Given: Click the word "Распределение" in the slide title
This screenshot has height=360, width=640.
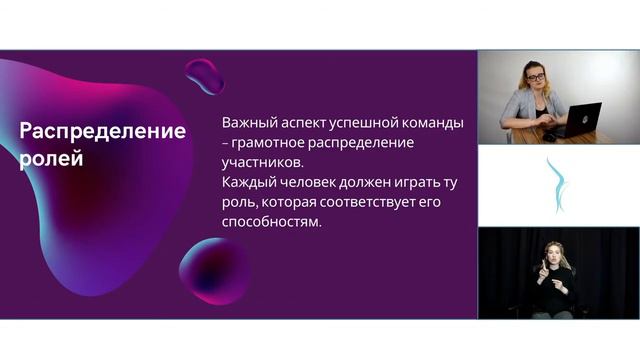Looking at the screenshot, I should pyautogui.click(x=103, y=132).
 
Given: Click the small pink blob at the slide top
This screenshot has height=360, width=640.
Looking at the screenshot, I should pyautogui.click(x=205, y=75).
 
